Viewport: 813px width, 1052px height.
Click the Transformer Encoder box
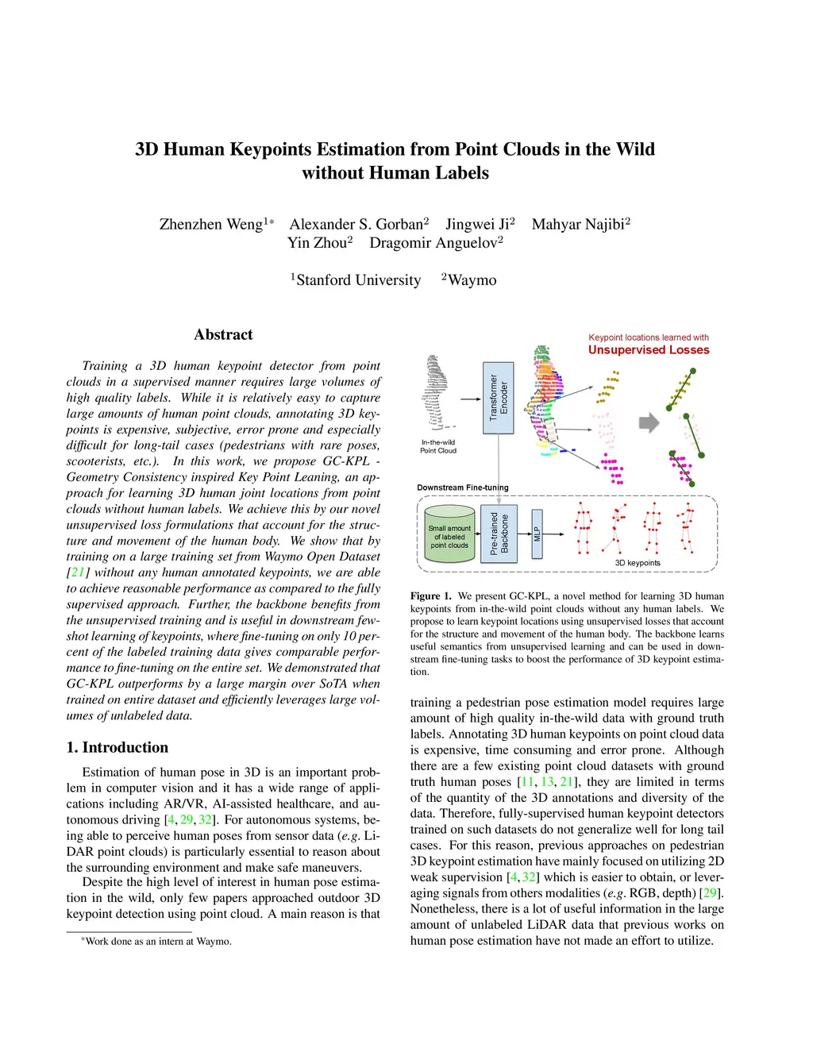coord(498,398)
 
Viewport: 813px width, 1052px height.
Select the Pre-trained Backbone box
coord(499,534)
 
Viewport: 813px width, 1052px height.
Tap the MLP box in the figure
coord(537,534)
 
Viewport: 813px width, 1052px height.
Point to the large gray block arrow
coord(649,423)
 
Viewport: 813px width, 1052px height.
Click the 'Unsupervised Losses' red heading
coord(649,350)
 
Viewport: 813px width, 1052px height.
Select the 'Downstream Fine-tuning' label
coord(463,487)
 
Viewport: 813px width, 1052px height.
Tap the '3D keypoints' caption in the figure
coord(638,563)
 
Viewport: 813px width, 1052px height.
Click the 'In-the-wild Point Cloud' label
coord(438,446)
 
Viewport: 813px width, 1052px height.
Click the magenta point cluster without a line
coord(611,469)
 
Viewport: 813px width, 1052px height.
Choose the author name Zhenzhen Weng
coord(211,224)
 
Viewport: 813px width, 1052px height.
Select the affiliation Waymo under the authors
coord(472,280)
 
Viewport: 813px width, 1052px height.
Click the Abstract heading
coord(223,335)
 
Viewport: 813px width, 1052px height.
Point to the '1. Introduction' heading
coord(118,747)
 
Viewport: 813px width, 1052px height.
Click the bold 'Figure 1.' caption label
coord(430,596)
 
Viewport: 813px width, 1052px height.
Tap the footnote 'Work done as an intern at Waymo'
coord(158,942)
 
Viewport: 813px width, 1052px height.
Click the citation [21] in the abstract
coord(77,572)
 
